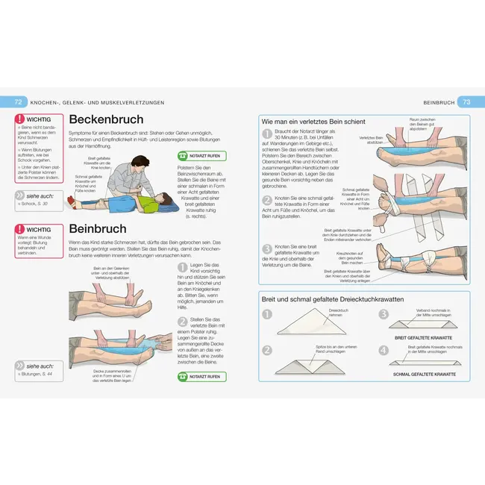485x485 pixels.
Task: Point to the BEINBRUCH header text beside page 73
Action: pyautogui.click(x=439, y=101)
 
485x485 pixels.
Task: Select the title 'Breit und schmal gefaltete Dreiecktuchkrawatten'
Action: pyautogui.click(x=333, y=298)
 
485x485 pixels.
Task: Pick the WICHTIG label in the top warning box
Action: pyautogui.click(x=37, y=119)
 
